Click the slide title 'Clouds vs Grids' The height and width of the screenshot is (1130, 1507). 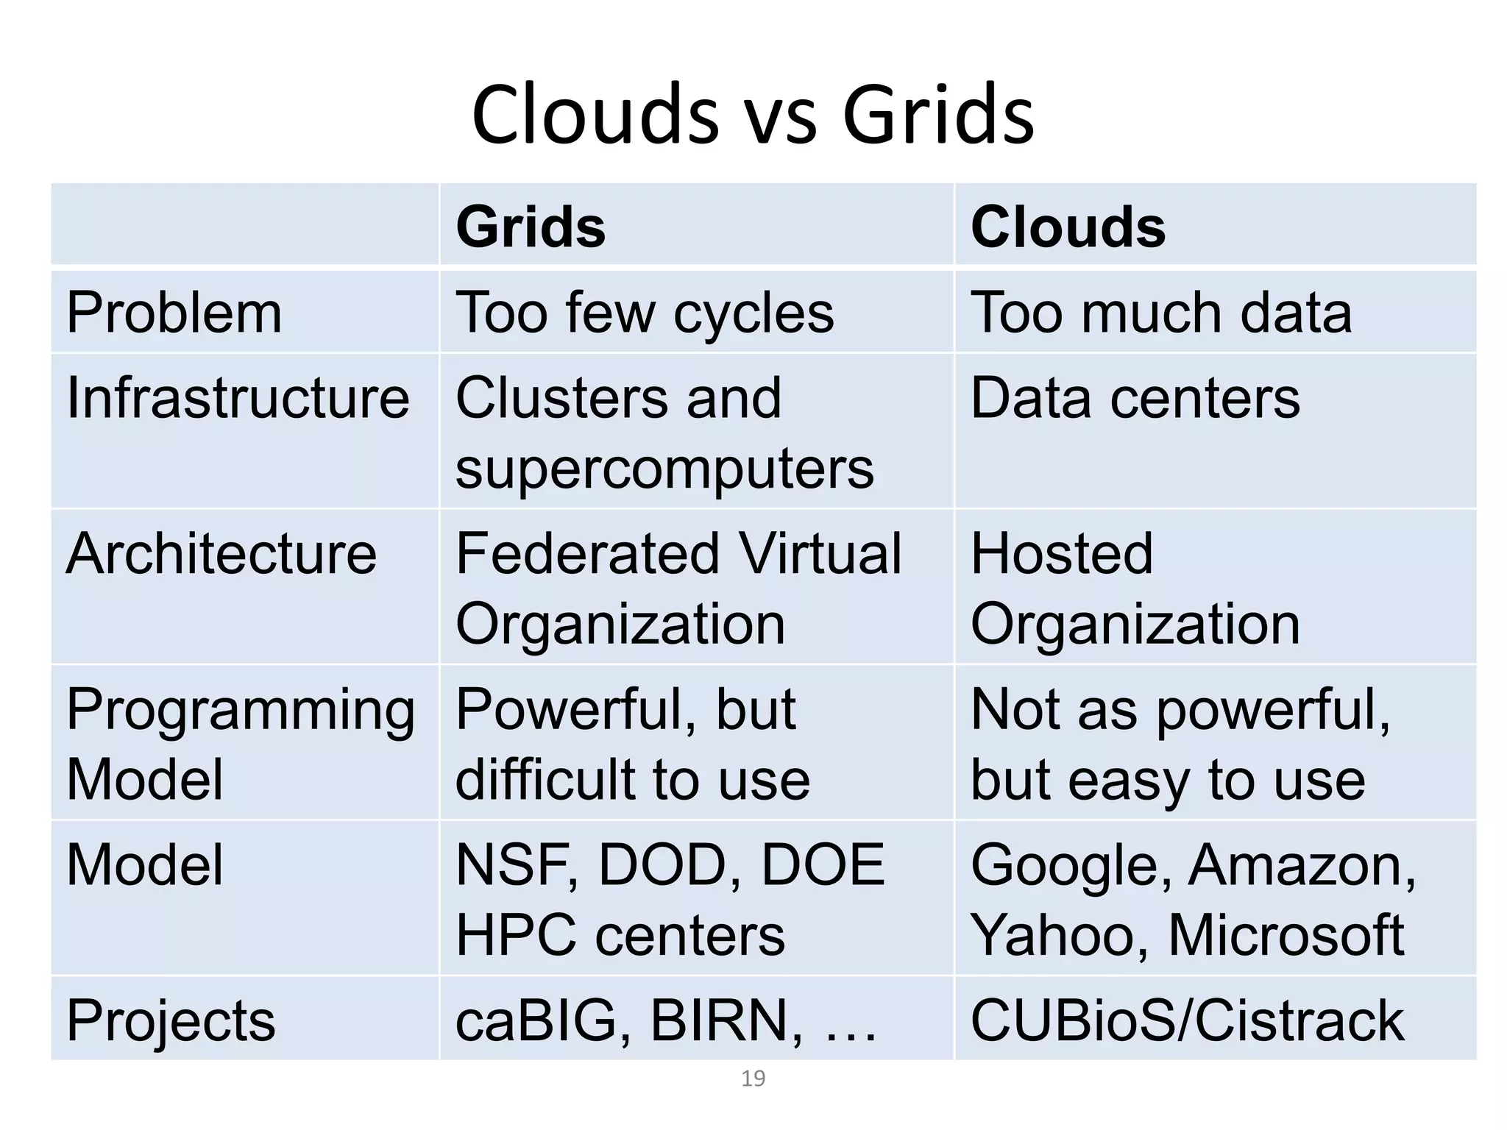pos(753,116)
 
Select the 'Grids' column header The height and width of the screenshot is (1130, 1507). pos(531,227)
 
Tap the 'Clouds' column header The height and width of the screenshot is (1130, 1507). pos(1068,227)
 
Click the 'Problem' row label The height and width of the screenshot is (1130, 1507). pos(174,313)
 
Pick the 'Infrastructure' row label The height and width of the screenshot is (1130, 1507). pos(238,398)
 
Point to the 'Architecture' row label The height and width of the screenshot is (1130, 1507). pos(221,554)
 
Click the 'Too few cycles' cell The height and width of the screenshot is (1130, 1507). pos(645,313)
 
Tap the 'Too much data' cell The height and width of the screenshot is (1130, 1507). pos(1161,313)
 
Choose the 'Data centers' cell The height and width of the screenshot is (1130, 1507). pos(1135,398)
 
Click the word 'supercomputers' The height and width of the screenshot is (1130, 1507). pos(664,469)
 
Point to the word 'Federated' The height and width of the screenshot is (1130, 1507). pos(587,554)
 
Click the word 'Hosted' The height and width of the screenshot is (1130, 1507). pos(1062,554)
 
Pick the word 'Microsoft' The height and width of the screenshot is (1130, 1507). pos(1286,936)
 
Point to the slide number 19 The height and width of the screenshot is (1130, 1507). pos(753,1079)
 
